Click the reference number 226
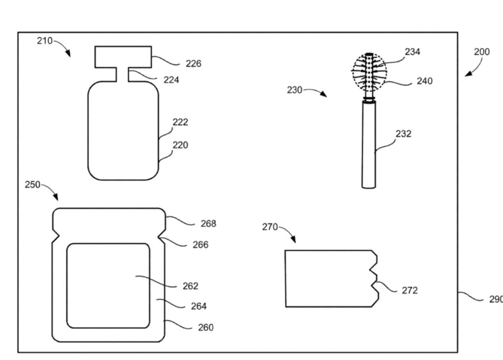tap(193, 63)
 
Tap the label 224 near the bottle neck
tap(171, 80)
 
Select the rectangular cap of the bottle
tap(123, 56)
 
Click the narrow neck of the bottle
tap(123, 74)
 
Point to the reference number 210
tap(45, 41)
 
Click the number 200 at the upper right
tap(481, 52)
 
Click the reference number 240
tap(424, 81)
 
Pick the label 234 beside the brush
tap(412, 52)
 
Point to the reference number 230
tap(295, 90)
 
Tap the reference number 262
tap(190, 286)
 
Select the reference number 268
tap(208, 223)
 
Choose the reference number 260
tap(205, 327)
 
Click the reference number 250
tap(33, 184)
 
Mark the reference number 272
tap(409, 290)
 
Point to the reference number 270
tap(270, 227)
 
